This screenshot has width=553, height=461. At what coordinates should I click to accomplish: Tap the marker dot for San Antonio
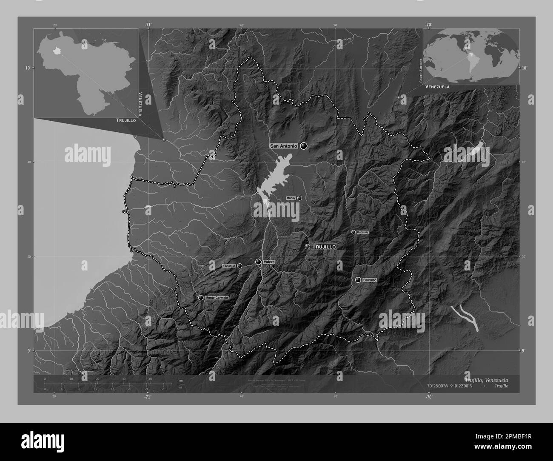coord(303,146)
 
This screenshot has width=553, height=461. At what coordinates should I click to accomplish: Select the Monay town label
coord(291,198)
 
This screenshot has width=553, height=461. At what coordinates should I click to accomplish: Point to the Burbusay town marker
coord(353,232)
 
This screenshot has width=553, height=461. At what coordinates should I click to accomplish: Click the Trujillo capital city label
coord(324,247)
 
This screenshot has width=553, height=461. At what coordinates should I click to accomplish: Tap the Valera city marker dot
coord(258,262)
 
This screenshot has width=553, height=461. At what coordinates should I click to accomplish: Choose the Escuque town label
coord(229,266)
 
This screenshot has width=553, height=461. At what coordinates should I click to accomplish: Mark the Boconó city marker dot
coord(358,280)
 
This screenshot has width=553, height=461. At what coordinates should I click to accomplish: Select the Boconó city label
coord(370,280)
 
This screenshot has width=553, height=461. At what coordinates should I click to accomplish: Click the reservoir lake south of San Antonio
coord(272,179)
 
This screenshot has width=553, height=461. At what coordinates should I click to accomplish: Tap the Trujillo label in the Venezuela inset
coord(126,121)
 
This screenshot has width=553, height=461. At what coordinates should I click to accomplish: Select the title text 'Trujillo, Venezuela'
coord(486,379)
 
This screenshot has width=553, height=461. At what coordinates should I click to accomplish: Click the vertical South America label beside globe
coord(420,71)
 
